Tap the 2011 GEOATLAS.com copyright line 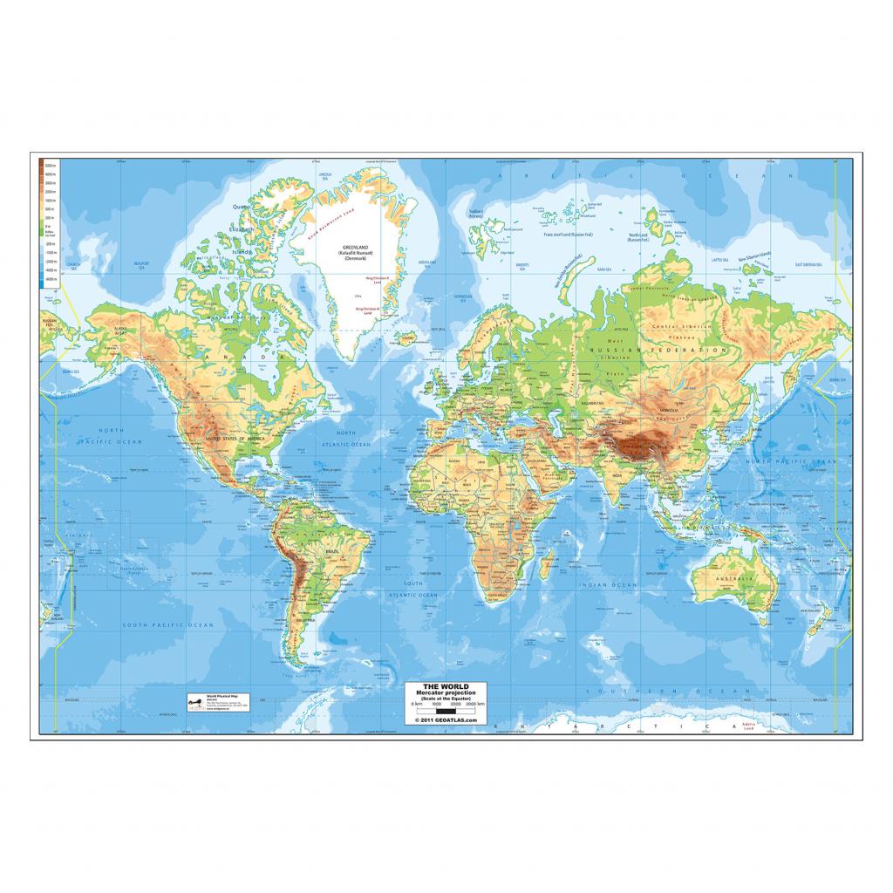[447, 720]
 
